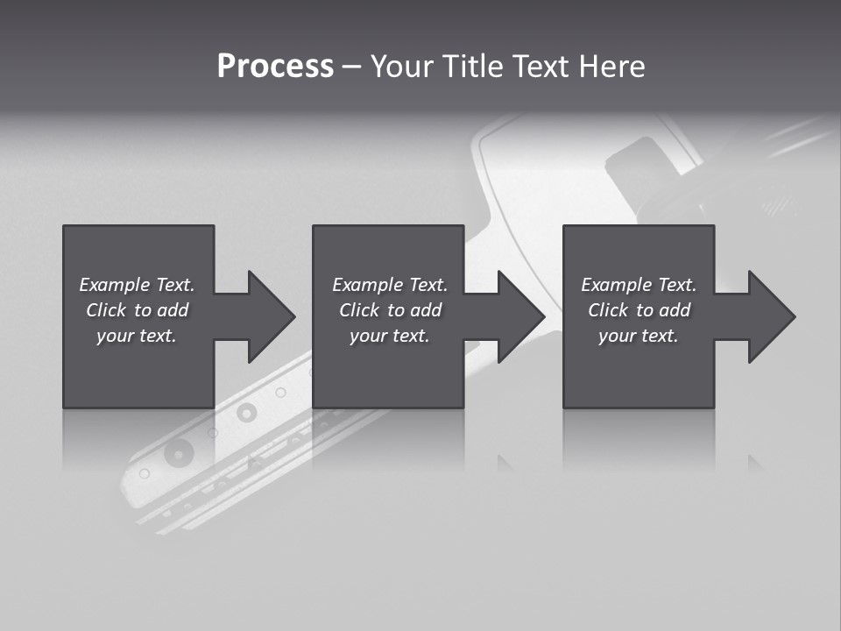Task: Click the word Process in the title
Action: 275,67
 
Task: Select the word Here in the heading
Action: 611,67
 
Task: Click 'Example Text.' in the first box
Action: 137,285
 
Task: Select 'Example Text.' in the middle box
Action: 390,285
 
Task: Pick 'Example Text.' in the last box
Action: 639,285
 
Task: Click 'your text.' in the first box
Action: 137,336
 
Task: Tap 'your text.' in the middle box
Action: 390,336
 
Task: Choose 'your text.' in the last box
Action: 639,336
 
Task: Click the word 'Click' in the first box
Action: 106,310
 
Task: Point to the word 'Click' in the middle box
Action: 359,310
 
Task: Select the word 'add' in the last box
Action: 675,310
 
